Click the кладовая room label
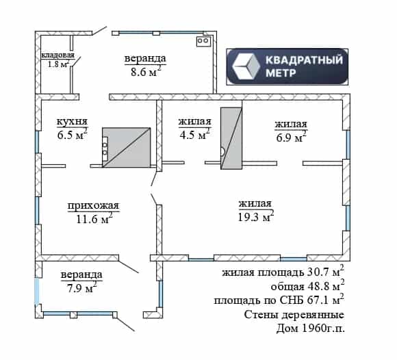(x=57, y=55)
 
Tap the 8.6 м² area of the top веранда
(x=146, y=72)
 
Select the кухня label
(x=72, y=121)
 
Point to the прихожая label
(x=93, y=205)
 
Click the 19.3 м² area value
(x=256, y=216)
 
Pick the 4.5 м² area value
(x=194, y=134)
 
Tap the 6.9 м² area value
(x=291, y=137)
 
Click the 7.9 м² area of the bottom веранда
(x=81, y=288)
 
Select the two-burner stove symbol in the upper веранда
(x=203, y=41)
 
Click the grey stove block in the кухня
(x=126, y=147)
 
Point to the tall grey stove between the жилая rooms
(x=231, y=138)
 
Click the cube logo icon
(x=246, y=66)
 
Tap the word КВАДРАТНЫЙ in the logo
(x=304, y=60)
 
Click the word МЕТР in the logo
(x=281, y=73)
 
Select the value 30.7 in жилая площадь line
(x=318, y=272)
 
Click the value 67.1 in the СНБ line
(x=317, y=300)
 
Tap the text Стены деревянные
(x=294, y=315)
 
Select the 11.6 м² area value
(x=94, y=218)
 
